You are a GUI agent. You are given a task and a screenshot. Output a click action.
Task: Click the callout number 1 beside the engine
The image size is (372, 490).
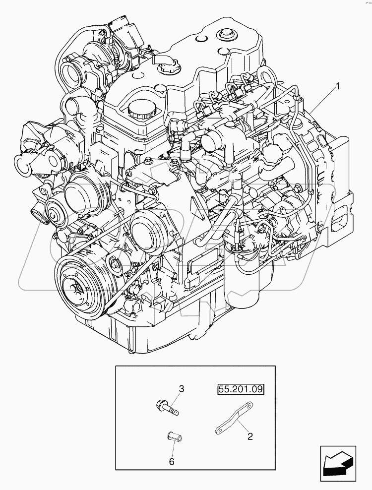click(338, 86)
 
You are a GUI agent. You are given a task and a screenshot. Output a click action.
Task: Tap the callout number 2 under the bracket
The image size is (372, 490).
click(250, 436)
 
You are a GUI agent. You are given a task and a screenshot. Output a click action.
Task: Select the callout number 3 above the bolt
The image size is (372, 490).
click(182, 389)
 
